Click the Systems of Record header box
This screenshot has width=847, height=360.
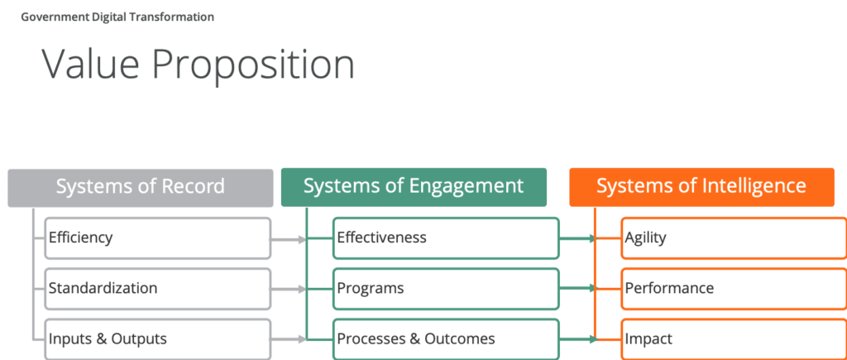point(141,187)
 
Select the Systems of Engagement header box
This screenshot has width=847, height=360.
point(414,186)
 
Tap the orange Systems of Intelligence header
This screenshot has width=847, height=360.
point(701,186)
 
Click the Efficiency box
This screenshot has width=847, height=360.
point(157,238)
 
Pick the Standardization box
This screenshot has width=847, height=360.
point(157,289)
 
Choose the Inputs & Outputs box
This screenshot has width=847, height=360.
point(157,338)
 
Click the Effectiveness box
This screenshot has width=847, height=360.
point(446,238)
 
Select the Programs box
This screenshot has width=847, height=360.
point(446,289)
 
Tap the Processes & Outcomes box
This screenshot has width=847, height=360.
point(446,338)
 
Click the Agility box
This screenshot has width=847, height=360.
point(734,238)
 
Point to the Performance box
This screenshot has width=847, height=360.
point(734,289)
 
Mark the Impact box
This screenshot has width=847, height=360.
point(734,338)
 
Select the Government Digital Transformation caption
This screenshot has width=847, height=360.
point(117,17)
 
